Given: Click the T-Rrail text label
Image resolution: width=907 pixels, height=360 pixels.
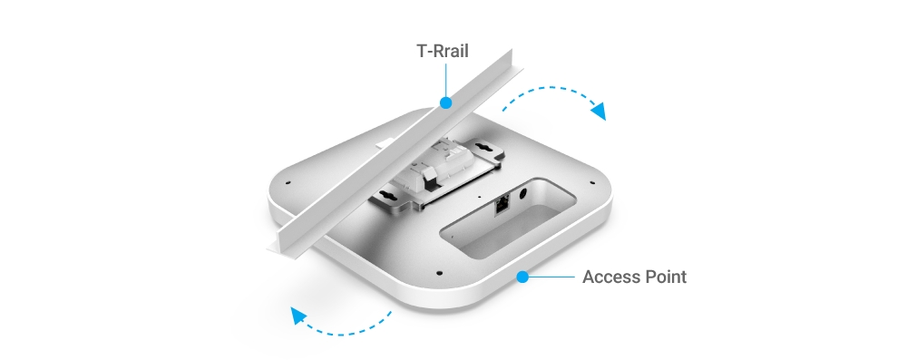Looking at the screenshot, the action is point(443,51).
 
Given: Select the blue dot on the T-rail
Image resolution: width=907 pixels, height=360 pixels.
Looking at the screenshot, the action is point(445,103).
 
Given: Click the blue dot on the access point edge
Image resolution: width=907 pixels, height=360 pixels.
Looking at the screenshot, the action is point(522,277).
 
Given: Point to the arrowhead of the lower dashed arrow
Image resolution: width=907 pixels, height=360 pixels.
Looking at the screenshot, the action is point(297,316).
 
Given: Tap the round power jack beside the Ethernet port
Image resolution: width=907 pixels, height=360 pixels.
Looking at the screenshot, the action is point(523,195).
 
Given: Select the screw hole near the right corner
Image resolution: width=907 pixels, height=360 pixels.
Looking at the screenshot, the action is point(591,183).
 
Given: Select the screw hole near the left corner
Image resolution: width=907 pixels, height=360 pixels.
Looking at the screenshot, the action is point(288,183).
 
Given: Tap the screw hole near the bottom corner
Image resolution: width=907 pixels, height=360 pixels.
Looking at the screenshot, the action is point(440,273).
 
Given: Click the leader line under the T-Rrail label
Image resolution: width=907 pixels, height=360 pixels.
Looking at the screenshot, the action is point(445,80).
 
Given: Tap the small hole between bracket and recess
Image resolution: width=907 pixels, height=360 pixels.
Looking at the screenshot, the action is point(479,198).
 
